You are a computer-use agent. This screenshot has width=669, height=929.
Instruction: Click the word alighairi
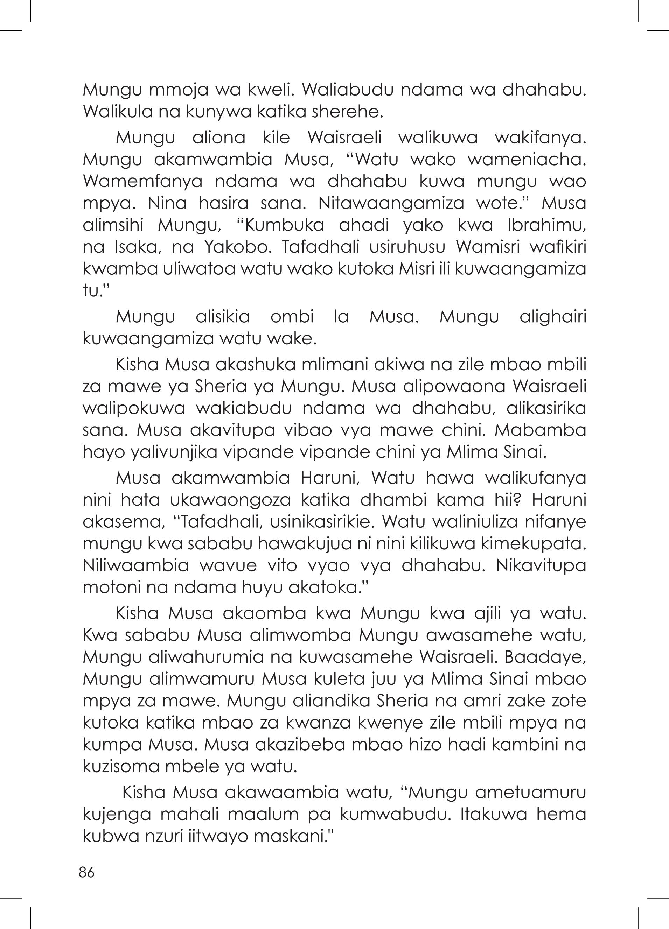552,317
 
